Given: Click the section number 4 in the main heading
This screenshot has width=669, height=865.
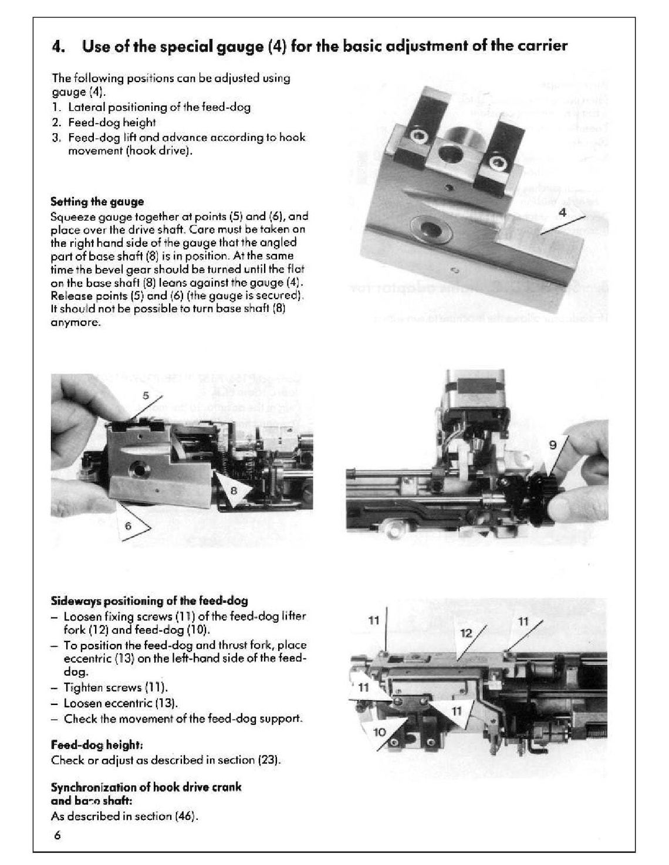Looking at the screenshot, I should tap(57, 46).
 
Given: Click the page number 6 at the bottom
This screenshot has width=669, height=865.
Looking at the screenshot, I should tap(58, 836).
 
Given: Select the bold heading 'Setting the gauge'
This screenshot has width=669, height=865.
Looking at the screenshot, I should tap(97, 202).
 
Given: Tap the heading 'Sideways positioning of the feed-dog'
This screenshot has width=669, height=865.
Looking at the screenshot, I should tap(149, 601).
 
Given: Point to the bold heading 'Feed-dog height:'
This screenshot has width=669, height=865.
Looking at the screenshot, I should tap(96, 745).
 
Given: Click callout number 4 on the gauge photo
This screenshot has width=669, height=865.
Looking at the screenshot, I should tap(562, 213).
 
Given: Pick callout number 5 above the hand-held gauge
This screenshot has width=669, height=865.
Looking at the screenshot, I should tap(146, 396).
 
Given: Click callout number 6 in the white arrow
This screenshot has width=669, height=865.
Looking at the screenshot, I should tap(128, 526).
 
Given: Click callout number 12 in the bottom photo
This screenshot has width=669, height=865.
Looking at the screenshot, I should tap(466, 633).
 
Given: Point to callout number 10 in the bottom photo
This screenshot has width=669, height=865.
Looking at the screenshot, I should tap(380, 732).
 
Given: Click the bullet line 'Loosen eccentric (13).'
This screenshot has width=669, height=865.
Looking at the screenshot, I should tap(120, 703).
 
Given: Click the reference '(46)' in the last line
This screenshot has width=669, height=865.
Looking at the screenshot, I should tap(185, 816).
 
